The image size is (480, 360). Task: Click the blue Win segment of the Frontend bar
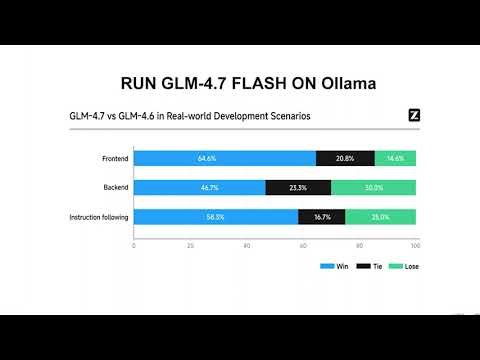(x=224, y=158)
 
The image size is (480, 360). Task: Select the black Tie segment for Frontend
(x=345, y=158)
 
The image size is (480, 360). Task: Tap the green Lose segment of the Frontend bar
(x=395, y=158)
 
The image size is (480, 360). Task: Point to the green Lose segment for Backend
(x=373, y=187)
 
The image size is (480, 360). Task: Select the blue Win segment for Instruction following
(x=215, y=216)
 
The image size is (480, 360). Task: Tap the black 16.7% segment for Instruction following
(x=322, y=216)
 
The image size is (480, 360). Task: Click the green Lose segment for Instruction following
(x=380, y=216)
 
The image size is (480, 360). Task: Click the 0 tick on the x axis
(x=133, y=244)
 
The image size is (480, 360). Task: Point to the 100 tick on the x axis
(x=415, y=244)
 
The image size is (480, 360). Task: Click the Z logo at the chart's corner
(x=414, y=115)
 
